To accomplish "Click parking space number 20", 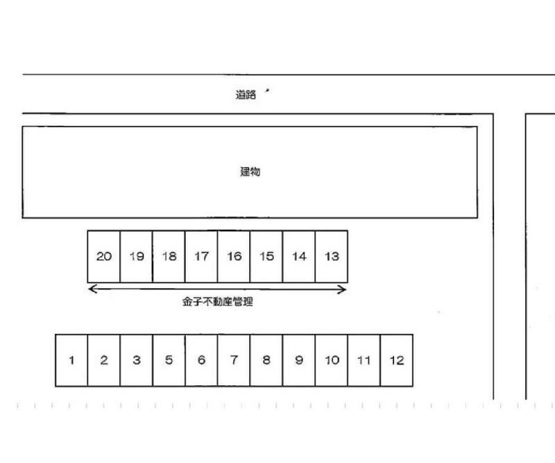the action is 103,256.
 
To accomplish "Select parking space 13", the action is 332,256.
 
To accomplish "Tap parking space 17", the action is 201,256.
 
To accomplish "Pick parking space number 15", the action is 266,256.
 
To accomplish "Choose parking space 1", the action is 71,360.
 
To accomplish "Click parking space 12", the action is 396,360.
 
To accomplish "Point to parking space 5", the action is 169,360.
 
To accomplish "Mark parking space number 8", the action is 266,360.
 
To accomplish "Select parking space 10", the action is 332,360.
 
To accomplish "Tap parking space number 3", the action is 136,360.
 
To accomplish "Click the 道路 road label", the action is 246,94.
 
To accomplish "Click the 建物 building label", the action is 250,172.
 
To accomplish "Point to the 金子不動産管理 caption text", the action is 217,302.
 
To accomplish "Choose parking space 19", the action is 136,256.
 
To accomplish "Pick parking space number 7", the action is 234,360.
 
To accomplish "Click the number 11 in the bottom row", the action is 364,361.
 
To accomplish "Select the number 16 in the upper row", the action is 234,256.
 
